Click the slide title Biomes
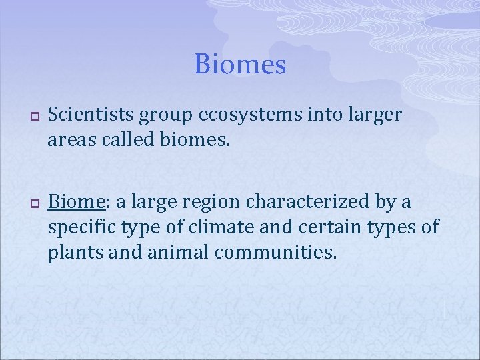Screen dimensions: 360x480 (x=240, y=65)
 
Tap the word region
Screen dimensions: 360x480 (x=199, y=202)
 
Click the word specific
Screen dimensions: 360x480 (x=83, y=227)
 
